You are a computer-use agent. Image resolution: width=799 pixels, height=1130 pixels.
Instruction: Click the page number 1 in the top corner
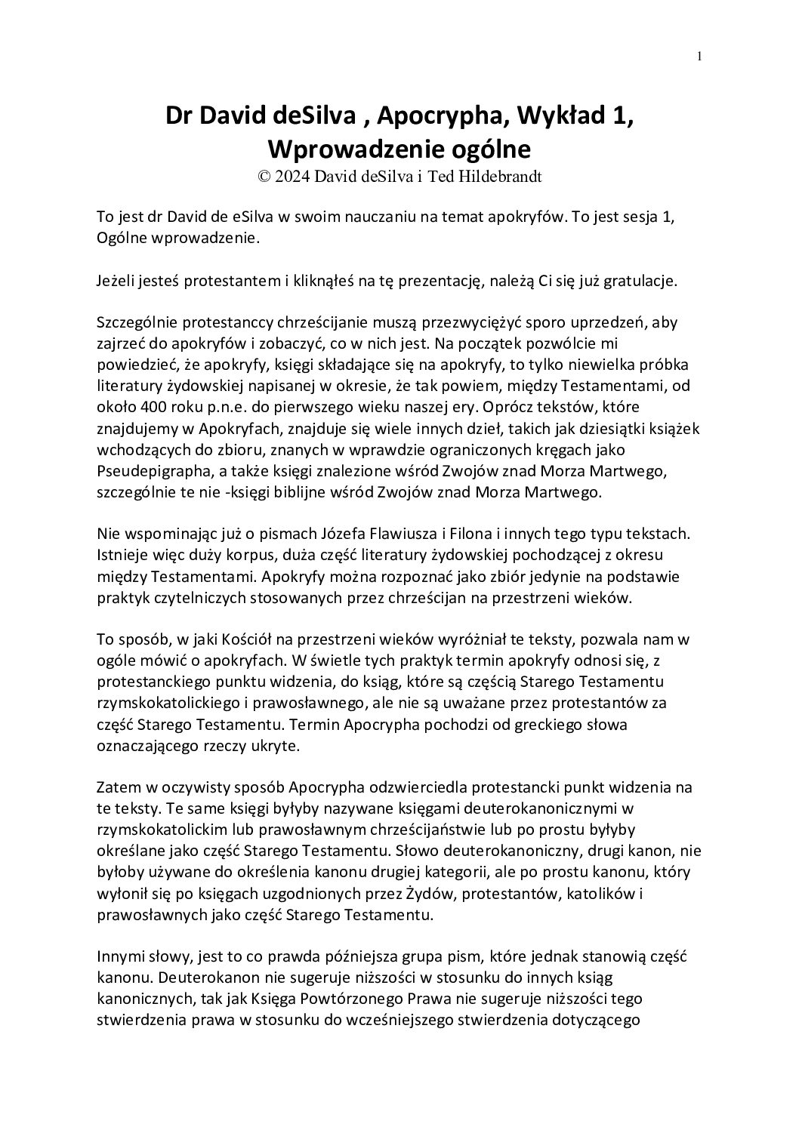699,55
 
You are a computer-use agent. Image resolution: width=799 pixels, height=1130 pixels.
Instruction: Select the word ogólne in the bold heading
493,149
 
